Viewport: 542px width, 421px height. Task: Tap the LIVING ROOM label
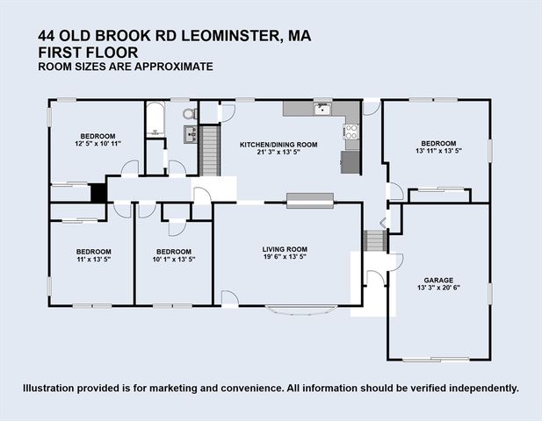click(286, 249)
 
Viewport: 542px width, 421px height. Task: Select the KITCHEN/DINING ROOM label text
click(278, 144)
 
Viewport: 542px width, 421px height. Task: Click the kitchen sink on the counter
click(322, 110)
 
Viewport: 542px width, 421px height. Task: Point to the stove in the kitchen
click(351, 132)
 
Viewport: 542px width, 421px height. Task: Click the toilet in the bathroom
click(188, 113)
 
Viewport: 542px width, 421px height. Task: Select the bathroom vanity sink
click(189, 133)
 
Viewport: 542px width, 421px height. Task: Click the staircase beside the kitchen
click(209, 150)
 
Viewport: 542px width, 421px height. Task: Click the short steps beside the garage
click(375, 240)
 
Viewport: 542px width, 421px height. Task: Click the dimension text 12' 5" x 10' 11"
click(98, 144)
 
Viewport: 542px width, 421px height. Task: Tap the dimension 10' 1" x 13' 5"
click(173, 260)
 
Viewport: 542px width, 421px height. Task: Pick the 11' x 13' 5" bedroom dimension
click(92, 260)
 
